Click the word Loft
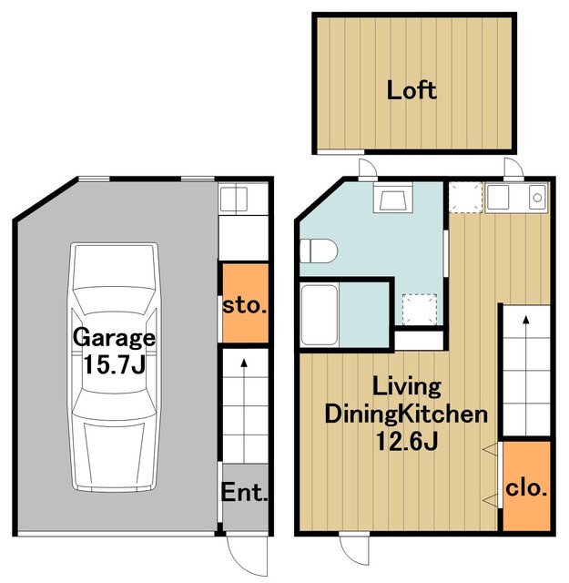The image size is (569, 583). pyautogui.click(x=412, y=90)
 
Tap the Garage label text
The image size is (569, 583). pyautogui.click(x=114, y=338)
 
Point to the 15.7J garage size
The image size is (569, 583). pyautogui.click(x=114, y=364)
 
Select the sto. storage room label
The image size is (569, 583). pyautogui.click(x=245, y=306)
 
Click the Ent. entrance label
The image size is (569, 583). pyautogui.click(x=245, y=493)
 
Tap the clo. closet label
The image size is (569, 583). pyautogui.click(x=526, y=488)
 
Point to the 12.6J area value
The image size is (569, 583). pyautogui.click(x=407, y=441)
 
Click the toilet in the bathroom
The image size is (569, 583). pyautogui.click(x=319, y=251)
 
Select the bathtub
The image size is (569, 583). pyautogui.click(x=320, y=314)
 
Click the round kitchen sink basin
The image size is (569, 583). pyautogui.click(x=537, y=198)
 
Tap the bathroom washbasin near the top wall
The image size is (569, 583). pyautogui.click(x=392, y=201)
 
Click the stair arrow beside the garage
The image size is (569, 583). pyautogui.click(x=244, y=411)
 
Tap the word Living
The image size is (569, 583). pyautogui.click(x=407, y=386)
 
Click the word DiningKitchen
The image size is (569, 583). pyautogui.click(x=406, y=414)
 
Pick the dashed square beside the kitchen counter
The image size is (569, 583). pyautogui.click(x=465, y=198)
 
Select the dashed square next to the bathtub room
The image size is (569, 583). pyautogui.click(x=419, y=310)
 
